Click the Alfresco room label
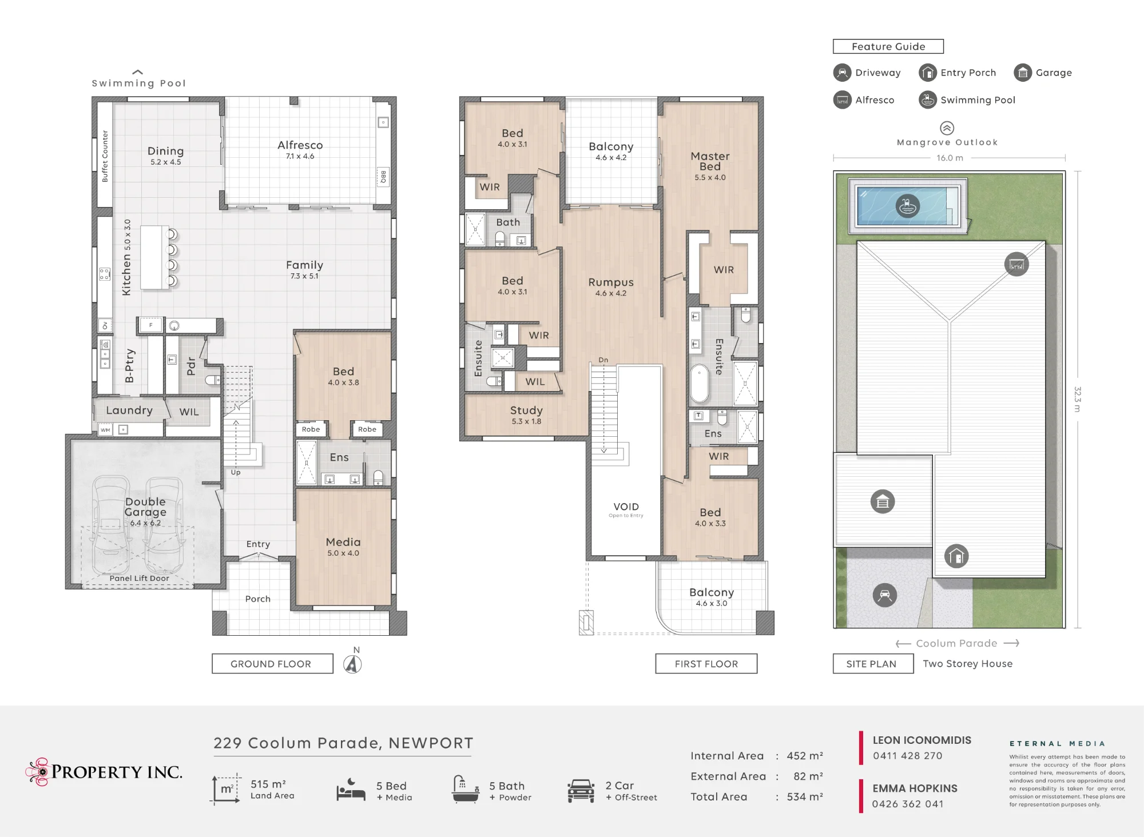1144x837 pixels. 300,145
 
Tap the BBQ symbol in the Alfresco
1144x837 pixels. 383,177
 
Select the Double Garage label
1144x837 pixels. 146,507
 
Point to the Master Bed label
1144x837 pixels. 710,161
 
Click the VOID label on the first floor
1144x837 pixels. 626,507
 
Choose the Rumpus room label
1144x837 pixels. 611,282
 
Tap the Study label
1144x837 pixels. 526,410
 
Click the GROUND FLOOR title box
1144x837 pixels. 272,664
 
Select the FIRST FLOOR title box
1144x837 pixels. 706,664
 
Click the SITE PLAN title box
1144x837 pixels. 873,664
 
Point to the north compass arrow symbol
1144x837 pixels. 353,664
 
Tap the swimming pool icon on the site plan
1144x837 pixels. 907,206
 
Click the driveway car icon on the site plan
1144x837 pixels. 885,595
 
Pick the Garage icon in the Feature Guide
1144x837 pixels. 1023,73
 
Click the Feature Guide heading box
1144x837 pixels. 888,46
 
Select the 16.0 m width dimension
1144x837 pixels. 950,158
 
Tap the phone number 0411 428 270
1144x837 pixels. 908,756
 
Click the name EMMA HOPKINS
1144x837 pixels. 915,788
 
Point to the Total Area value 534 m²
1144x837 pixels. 805,796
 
